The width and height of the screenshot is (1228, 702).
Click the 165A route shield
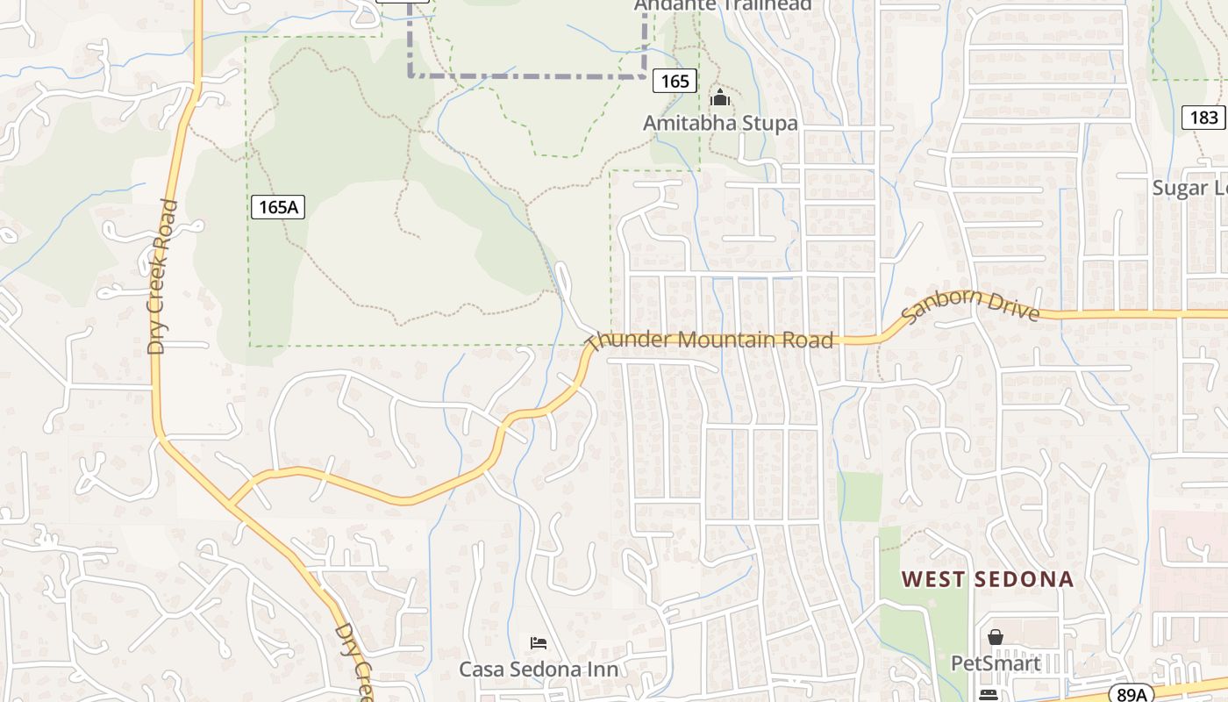[x=278, y=207]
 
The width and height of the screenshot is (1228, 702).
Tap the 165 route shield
[x=675, y=82]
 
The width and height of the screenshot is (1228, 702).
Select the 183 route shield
[x=1203, y=118]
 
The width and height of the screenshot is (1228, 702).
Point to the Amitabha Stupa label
[x=720, y=123]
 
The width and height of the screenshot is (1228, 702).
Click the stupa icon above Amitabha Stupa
[x=720, y=97]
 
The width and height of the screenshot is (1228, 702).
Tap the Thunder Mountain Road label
[x=710, y=339]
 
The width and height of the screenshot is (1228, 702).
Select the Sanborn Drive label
[x=970, y=306]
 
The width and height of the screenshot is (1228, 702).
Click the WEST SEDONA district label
[x=989, y=579]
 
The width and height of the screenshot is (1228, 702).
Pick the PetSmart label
[x=996, y=663]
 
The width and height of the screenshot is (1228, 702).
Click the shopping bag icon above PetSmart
[x=996, y=637]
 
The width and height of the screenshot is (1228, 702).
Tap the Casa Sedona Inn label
[x=539, y=670]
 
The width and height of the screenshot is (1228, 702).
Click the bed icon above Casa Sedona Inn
[x=539, y=644]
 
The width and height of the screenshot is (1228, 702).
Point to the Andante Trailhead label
[x=723, y=5]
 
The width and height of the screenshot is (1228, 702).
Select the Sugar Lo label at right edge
[x=1189, y=188]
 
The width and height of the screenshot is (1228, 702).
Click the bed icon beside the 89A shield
[x=989, y=694]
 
